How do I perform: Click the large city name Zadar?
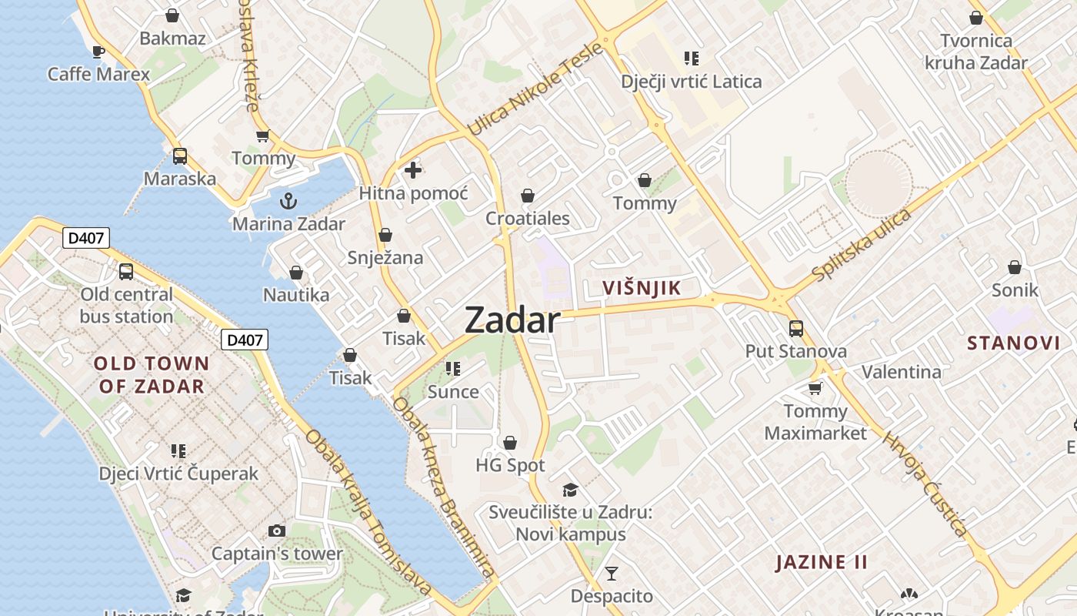512,320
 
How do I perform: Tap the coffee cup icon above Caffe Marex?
98,52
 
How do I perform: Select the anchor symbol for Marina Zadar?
288,202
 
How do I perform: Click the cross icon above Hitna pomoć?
413,170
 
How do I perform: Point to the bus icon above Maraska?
179,156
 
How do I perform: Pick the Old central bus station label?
127,306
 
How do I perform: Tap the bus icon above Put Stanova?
795,329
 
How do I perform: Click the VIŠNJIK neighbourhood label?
642,288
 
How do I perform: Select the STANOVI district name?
1013,343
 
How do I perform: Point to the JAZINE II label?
822,562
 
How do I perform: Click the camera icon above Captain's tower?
277,531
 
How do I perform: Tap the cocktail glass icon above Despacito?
612,573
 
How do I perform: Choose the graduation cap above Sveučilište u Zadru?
570,490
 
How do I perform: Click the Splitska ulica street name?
862,245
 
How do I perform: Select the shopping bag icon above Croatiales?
528,196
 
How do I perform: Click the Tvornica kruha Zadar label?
976,52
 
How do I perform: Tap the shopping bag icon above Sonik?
1015,267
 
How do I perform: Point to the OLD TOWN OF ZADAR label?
152,375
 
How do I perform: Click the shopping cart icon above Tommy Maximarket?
815,388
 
